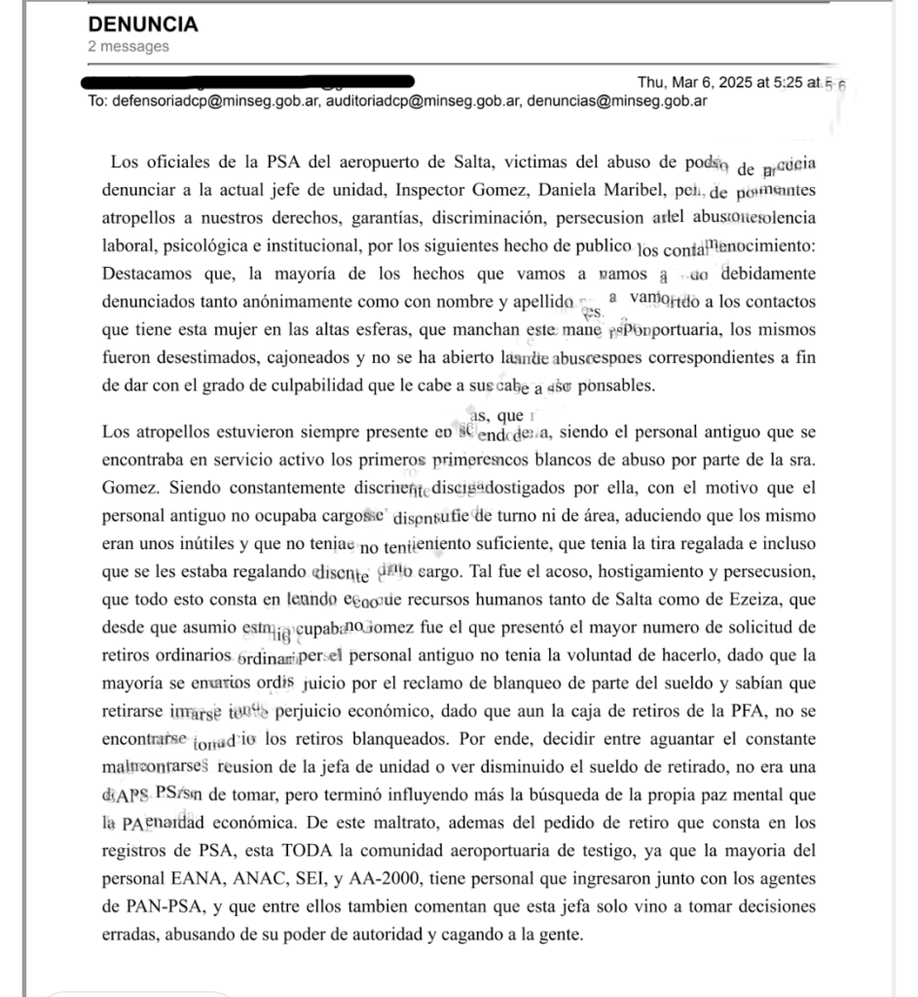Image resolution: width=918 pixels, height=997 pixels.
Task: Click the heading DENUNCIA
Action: (142, 24)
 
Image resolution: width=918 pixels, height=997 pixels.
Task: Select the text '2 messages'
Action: (128, 46)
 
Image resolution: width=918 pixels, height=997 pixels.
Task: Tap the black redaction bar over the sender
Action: (250, 81)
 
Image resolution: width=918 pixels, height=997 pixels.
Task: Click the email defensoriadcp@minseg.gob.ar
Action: (215, 99)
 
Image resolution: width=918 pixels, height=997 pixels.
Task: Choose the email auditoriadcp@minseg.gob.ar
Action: (424, 99)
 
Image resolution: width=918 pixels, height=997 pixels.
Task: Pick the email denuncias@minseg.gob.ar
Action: (617, 99)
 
